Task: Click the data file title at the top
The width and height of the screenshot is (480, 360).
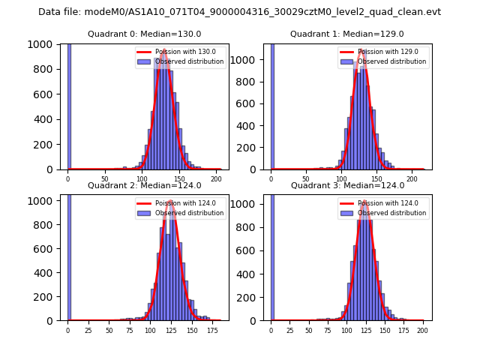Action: point(239,12)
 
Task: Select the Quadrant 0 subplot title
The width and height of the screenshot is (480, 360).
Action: point(145,34)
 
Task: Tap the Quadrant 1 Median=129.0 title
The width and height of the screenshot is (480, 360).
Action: point(347,34)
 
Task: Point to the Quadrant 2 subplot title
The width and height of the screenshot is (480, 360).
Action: point(145,185)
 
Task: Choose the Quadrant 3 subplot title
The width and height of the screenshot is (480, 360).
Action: point(347,185)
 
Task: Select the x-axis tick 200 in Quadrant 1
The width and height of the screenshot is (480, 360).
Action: point(412,180)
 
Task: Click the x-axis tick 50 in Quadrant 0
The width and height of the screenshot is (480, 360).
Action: point(105,180)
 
